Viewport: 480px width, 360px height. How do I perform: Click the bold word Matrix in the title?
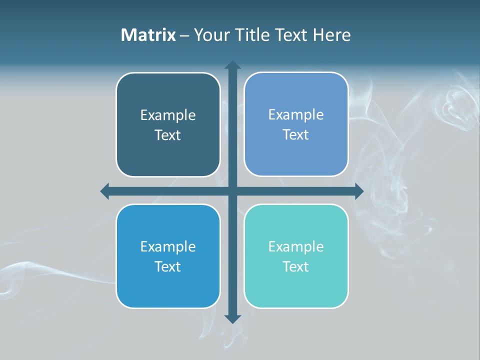148,35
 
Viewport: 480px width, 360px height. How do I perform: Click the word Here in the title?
332,35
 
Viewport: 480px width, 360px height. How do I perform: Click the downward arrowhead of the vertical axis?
232,318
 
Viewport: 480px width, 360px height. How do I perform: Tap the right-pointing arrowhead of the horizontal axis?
359,191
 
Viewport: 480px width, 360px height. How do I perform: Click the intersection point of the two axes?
232,191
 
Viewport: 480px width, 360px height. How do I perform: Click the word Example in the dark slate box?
168,115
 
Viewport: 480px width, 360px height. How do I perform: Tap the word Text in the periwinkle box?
296,135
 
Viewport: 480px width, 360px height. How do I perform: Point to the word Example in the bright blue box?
168,247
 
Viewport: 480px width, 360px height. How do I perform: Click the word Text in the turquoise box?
296,266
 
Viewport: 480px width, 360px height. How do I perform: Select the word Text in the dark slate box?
168,135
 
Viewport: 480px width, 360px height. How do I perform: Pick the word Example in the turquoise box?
296,247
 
